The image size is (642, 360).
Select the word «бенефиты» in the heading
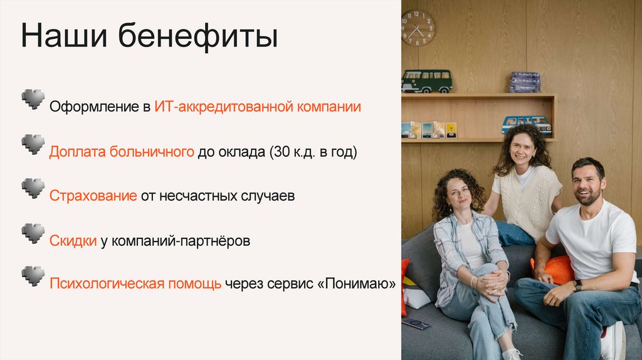click(x=197, y=37)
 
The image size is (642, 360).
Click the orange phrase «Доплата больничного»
click(x=122, y=152)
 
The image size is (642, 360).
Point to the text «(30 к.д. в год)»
click(x=313, y=152)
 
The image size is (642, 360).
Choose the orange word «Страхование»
click(x=93, y=196)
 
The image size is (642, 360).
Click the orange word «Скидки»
click(x=73, y=241)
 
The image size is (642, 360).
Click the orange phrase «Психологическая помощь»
click(x=135, y=284)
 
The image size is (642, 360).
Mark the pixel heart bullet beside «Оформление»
click(x=33, y=98)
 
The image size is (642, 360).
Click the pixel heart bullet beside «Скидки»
click(x=33, y=233)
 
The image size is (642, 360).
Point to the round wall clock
click(x=418, y=28)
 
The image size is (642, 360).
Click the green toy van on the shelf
click(x=426, y=81)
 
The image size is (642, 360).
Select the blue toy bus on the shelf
click(x=527, y=124)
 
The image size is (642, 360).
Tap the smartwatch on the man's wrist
click(x=577, y=285)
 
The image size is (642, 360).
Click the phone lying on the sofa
click(x=416, y=323)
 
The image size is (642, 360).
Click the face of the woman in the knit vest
click(x=521, y=149)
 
